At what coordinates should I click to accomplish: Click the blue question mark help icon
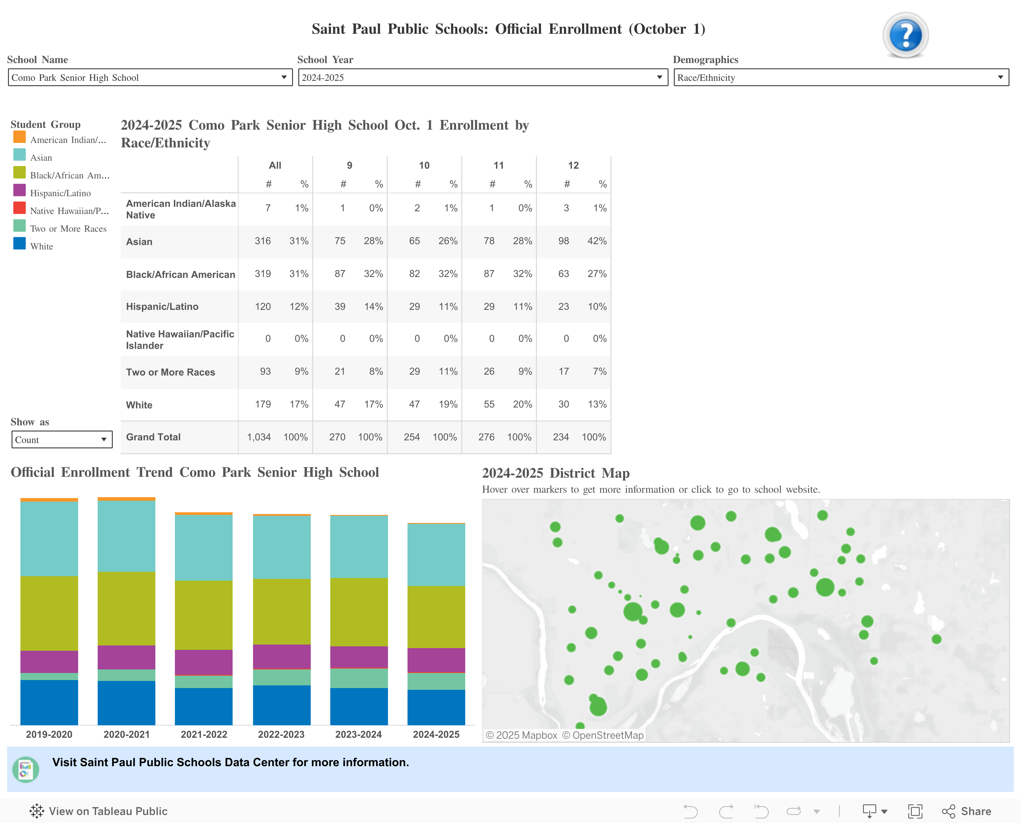coord(905,35)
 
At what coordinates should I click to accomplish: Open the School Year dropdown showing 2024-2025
coord(483,77)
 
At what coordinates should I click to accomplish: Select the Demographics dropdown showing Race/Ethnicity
coord(841,77)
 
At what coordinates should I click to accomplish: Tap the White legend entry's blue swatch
coord(20,244)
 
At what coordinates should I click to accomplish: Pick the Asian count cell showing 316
coord(263,241)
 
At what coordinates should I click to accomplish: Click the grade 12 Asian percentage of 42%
coord(597,241)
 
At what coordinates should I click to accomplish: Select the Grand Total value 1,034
coord(259,437)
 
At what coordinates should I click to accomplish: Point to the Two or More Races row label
coord(171,372)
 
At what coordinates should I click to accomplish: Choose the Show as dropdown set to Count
coord(62,439)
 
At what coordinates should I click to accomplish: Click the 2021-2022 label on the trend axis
coord(204,734)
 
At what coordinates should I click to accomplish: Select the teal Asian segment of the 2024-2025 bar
coord(436,555)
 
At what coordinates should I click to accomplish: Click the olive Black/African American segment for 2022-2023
coord(281,612)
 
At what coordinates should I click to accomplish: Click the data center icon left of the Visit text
coord(25,769)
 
